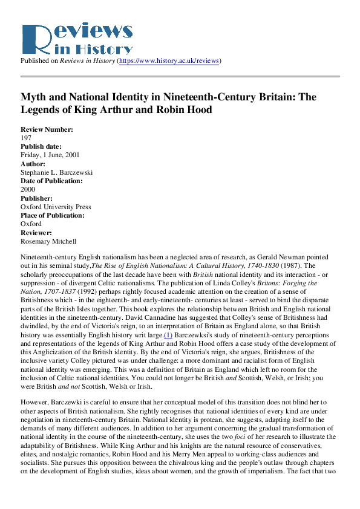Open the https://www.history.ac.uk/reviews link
click(169, 61)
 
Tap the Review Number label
click(47, 130)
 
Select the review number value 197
click(26, 138)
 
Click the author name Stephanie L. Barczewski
click(57, 172)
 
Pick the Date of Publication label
click(51, 181)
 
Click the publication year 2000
click(28, 189)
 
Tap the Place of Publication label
click(53, 215)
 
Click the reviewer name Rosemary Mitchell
click(48, 241)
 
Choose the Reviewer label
click(37, 232)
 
